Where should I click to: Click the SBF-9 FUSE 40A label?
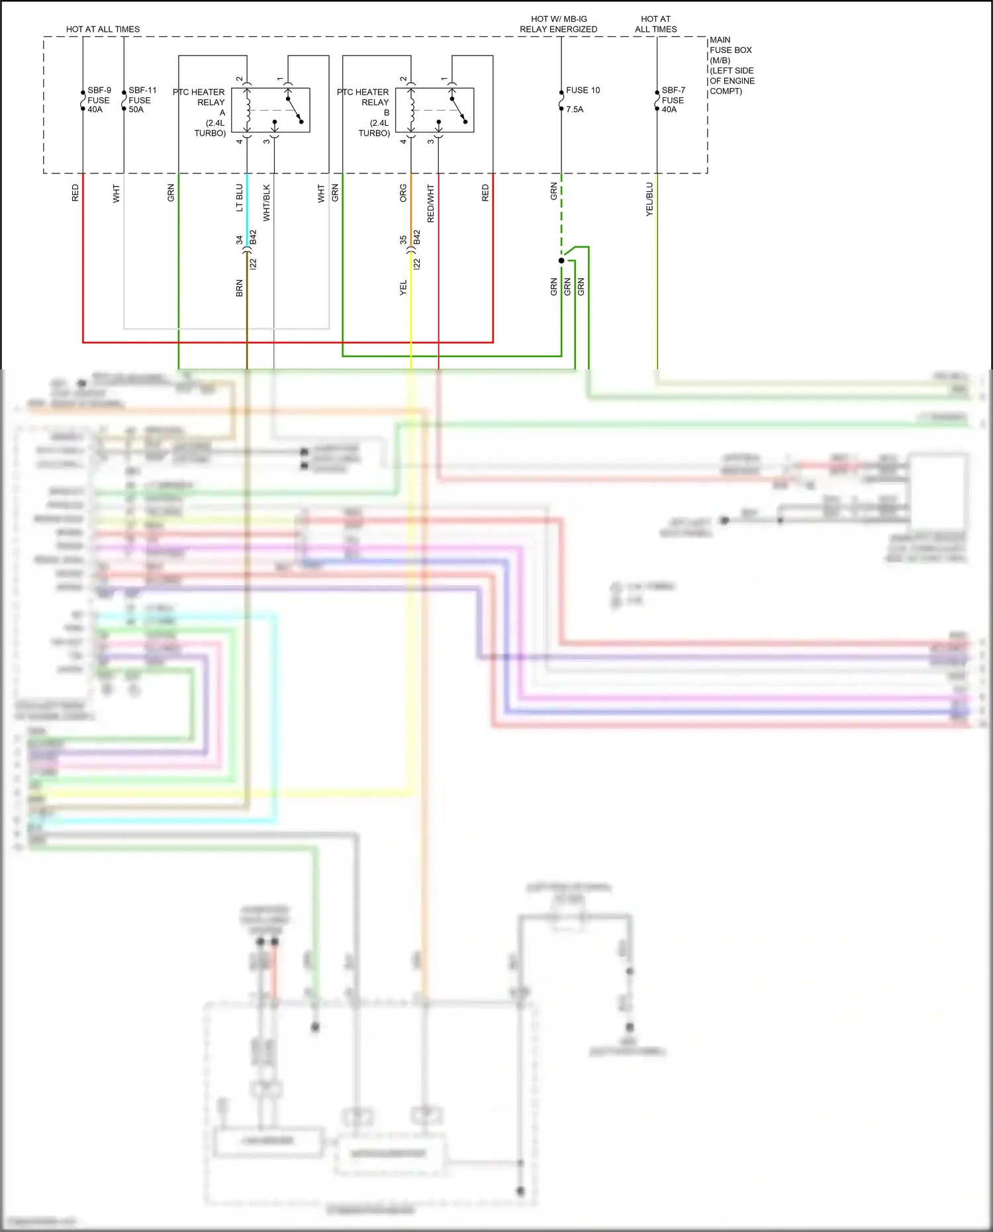point(99,100)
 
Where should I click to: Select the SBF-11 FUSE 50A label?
point(141,100)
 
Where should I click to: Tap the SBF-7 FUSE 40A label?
point(673,100)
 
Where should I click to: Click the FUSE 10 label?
point(583,90)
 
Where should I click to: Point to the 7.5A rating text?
point(575,109)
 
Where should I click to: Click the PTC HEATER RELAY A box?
point(270,110)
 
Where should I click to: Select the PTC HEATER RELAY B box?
point(434,110)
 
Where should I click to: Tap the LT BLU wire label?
point(240,198)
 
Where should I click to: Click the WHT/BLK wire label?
point(267,203)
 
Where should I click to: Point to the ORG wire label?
point(403,193)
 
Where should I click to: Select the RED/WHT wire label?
point(431,203)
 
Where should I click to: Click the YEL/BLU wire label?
point(649,199)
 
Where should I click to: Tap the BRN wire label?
point(240,288)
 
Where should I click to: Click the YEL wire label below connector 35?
point(403,288)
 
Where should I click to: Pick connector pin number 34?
point(240,240)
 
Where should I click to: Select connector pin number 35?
point(403,240)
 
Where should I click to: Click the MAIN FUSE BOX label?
point(731,65)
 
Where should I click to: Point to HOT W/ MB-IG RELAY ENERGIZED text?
point(558,24)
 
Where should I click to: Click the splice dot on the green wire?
point(561,261)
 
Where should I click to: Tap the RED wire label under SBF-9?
point(75,193)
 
